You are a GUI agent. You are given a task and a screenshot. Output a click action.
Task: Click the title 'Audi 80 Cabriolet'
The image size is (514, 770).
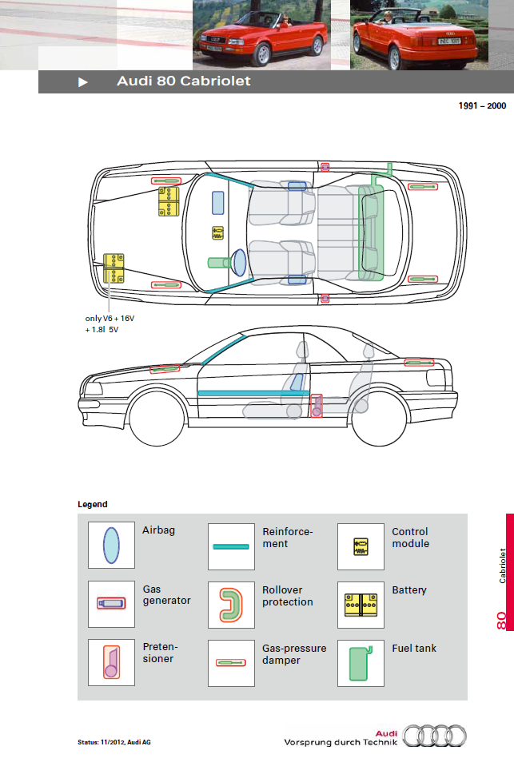point(184,81)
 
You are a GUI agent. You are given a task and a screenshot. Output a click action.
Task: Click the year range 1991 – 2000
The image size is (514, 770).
point(482,105)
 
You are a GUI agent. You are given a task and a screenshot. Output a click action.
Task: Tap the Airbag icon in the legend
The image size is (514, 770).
point(111,546)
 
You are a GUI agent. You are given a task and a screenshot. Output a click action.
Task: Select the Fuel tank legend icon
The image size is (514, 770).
point(360,661)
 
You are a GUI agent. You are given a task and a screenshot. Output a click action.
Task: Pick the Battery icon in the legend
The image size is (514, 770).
point(360,603)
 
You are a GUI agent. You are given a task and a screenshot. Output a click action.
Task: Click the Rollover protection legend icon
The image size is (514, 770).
point(231,603)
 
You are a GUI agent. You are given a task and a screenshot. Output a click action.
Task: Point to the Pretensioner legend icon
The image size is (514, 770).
point(111,661)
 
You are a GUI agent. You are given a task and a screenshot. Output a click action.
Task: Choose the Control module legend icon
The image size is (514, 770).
point(360,546)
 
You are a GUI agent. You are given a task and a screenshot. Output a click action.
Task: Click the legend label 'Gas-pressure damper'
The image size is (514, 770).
point(294,654)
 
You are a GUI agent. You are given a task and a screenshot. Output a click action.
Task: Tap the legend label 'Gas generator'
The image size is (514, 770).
point(166,595)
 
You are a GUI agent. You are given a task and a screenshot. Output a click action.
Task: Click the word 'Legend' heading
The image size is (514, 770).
point(92,505)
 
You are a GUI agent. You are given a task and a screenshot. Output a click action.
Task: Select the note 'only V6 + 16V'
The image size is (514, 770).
point(110,318)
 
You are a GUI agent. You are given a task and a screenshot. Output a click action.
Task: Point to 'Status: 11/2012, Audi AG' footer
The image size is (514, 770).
point(114,742)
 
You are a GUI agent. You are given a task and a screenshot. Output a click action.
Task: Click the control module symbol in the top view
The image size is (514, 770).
point(218,233)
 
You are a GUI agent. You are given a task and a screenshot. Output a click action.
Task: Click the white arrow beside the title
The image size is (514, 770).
point(83,81)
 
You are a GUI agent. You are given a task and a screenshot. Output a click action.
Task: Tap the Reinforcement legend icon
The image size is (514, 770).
point(231,546)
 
